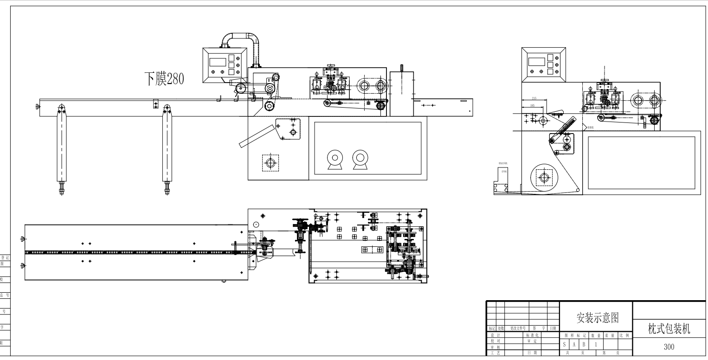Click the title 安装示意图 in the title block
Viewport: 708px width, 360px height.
click(596, 318)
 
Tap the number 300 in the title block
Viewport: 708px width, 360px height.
click(669, 347)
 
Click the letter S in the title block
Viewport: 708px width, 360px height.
click(564, 345)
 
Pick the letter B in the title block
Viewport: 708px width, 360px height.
click(583, 345)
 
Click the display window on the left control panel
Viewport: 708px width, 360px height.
click(217, 62)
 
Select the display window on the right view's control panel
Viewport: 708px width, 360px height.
click(536, 61)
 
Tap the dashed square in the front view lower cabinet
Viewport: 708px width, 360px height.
click(270, 163)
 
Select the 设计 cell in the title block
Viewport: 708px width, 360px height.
click(495, 334)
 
